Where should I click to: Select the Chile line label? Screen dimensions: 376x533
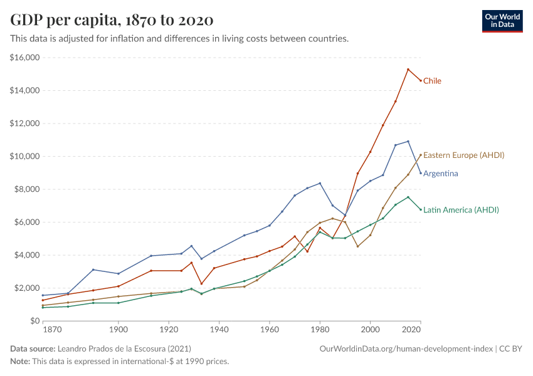tap(432, 81)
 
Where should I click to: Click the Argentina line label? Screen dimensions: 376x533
tap(440, 174)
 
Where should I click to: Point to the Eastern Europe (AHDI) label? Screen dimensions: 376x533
tap(464, 155)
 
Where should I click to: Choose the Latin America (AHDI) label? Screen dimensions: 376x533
tap(461, 210)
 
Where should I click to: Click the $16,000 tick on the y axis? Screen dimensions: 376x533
tap(25, 58)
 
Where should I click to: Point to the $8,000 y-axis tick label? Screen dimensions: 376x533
tap(26, 189)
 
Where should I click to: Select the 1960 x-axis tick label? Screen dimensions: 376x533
tap(270, 329)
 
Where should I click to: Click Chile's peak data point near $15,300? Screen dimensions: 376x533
tap(408, 70)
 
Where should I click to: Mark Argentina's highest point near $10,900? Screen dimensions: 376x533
tap(408, 142)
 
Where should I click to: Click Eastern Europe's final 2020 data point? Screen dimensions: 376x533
tap(421, 155)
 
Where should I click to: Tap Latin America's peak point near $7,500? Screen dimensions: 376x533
tap(408, 197)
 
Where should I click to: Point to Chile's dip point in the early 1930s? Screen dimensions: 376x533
tap(201, 284)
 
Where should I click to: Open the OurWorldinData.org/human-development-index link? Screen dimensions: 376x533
tap(406, 348)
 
